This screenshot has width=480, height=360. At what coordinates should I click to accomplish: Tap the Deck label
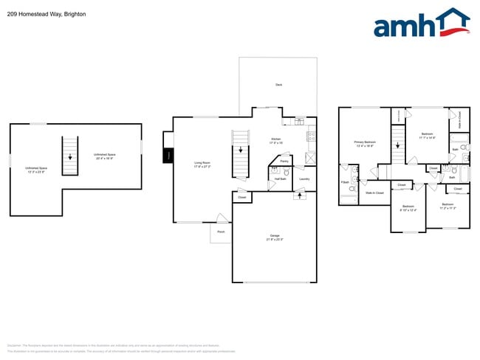(x=278, y=85)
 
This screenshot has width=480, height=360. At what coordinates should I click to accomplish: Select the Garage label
(x=275, y=238)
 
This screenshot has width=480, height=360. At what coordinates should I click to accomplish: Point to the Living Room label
(x=202, y=165)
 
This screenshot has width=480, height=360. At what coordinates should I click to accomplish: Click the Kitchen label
(x=275, y=140)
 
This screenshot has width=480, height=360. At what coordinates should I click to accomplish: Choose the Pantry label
(x=284, y=160)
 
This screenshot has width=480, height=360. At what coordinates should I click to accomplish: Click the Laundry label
(x=304, y=179)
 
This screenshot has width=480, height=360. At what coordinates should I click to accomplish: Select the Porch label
(x=220, y=232)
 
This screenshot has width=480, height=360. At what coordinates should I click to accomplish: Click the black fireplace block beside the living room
(x=168, y=156)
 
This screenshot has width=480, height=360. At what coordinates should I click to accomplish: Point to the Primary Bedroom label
(x=366, y=143)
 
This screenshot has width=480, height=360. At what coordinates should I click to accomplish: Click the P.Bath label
(x=344, y=181)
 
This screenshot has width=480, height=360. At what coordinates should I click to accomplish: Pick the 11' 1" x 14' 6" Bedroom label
(x=427, y=136)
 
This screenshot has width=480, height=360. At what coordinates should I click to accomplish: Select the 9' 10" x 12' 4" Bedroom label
(x=408, y=208)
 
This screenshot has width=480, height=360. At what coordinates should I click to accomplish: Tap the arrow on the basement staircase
(x=71, y=156)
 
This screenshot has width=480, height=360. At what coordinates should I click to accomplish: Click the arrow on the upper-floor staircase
(x=397, y=144)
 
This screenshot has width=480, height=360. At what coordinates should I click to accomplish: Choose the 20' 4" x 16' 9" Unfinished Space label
(x=104, y=156)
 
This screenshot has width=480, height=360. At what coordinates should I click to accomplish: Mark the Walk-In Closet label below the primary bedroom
(x=374, y=193)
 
